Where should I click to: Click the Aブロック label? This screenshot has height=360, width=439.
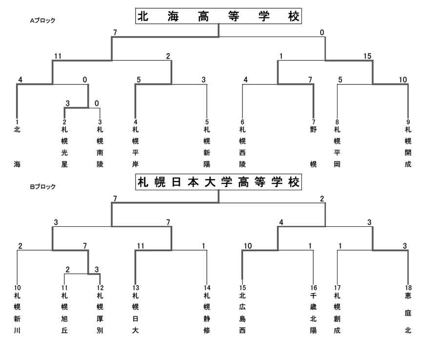pyautogui.click(x=42, y=20)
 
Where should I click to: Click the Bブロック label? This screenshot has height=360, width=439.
pyautogui.click(x=42, y=187)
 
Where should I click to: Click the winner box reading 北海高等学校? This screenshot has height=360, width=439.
pyautogui.click(x=219, y=16)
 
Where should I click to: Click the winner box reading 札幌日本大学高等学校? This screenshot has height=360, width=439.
pyautogui.click(x=219, y=182)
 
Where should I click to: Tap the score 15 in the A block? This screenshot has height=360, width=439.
pyautogui.click(x=367, y=56)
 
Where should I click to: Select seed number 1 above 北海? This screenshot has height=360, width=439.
pyautogui.click(x=17, y=122)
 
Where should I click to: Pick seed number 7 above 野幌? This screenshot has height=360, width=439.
pyautogui.click(x=313, y=122)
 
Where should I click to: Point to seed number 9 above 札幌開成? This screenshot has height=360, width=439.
pyautogui.click(x=408, y=122)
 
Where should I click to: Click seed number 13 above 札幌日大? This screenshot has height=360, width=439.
pyautogui.click(x=136, y=288)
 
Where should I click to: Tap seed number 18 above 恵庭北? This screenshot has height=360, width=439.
pyautogui.click(x=408, y=288)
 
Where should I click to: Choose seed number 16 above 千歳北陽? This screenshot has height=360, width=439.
pyautogui.click(x=314, y=288)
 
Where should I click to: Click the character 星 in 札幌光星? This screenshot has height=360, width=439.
pyautogui.click(x=64, y=164)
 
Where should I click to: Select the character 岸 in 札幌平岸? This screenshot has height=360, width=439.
pyautogui.click(x=136, y=164)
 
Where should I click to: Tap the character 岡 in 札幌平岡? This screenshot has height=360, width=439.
pyautogui.click(x=337, y=164)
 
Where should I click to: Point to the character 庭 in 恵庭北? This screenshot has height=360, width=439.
pyautogui.click(x=408, y=313)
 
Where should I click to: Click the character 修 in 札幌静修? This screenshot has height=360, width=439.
pyautogui.click(x=207, y=330)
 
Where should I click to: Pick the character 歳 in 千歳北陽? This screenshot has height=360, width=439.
pyautogui.click(x=313, y=307)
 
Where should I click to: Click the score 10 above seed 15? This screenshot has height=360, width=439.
pyautogui.click(x=248, y=246)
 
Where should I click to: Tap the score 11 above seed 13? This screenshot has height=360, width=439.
pyautogui.click(x=140, y=246)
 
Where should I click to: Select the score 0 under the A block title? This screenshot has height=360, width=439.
pyautogui.click(x=322, y=33)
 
